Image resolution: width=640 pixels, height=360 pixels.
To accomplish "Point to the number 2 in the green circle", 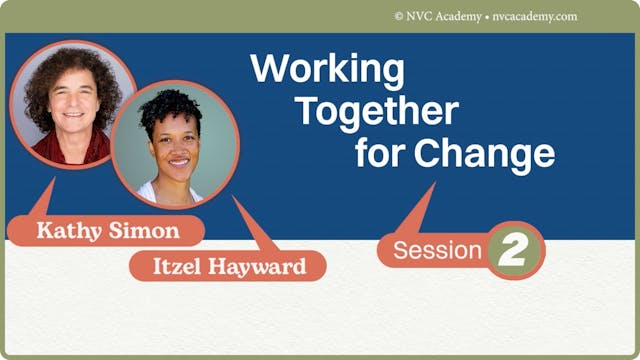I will click(515, 251).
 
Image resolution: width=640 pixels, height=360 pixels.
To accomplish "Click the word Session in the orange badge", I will click(438, 251).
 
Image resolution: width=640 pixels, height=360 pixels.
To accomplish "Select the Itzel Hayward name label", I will click(227, 266).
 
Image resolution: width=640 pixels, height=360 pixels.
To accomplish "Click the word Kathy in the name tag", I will click(70, 230).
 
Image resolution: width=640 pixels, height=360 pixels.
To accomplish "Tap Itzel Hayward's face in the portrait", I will click(176, 150).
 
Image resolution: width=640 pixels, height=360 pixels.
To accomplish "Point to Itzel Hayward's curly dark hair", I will click(171, 109).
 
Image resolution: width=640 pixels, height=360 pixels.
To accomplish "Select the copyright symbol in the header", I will click(400, 17).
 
